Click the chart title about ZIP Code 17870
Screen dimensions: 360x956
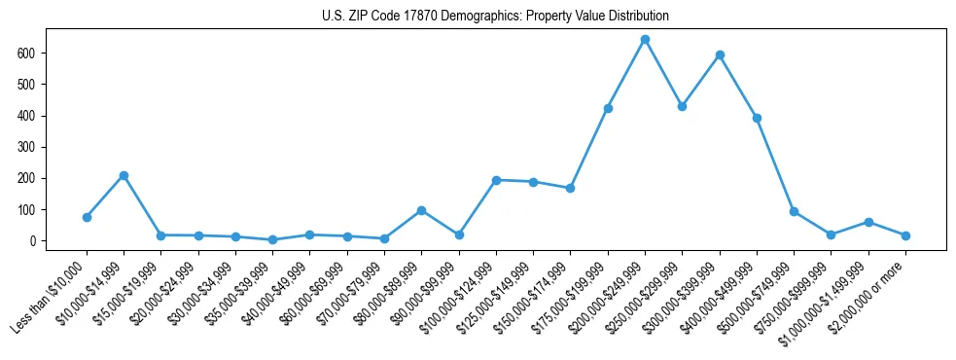click(495, 17)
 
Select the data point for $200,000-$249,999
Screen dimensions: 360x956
click(645, 40)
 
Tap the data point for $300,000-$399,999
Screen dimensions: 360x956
click(720, 55)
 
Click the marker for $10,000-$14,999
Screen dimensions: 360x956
click(124, 175)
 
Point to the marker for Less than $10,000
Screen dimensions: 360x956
click(87, 217)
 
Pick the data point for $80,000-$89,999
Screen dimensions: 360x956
click(421, 210)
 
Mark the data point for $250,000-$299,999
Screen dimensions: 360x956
click(682, 106)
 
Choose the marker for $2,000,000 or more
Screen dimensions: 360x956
click(905, 235)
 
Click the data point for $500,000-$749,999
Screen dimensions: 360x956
click(794, 211)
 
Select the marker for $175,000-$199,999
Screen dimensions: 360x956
click(608, 108)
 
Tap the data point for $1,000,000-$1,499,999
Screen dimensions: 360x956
click(868, 222)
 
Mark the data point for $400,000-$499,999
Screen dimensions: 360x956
click(757, 118)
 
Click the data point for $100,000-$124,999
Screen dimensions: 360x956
click(496, 180)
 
